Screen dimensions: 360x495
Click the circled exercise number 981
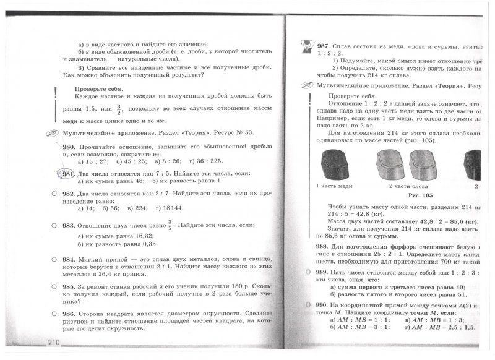tap(69, 174)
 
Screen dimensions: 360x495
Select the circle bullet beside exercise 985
tap(55, 287)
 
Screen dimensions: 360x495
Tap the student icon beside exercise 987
tap(306, 46)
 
